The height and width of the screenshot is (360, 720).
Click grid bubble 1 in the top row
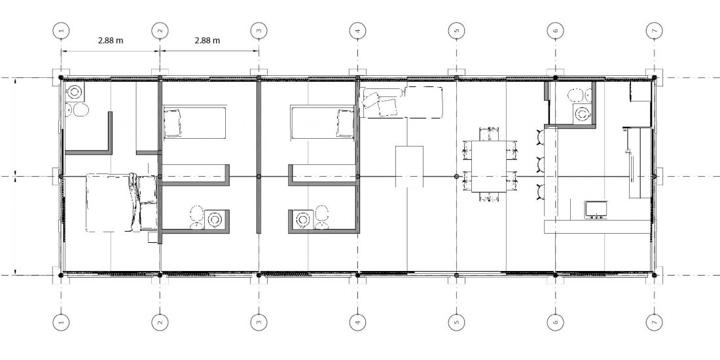tap(61, 31)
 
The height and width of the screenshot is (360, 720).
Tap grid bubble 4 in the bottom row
tap(357, 322)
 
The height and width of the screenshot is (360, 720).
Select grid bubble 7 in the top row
tap(655, 31)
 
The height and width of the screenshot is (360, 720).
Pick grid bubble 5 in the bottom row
tap(456, 322)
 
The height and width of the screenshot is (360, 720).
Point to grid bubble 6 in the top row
tap(555, 31)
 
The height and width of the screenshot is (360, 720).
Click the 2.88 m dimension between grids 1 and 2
tap(111, 41)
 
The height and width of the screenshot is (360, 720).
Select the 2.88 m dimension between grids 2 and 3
tap(207, 41)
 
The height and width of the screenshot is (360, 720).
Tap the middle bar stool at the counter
tap(540, 164)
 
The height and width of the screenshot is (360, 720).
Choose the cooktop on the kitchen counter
tap(596, 209)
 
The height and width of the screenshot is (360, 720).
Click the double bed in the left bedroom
tap(122, 202)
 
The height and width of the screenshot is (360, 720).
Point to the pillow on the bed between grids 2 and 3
tap(173, 123)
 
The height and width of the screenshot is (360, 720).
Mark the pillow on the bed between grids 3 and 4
tap(346, 123)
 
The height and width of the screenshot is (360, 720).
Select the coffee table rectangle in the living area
tap(409, 167)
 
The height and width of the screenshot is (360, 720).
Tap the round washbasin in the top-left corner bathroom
tap(74, 93)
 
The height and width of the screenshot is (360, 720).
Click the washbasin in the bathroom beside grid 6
tap(583, 113)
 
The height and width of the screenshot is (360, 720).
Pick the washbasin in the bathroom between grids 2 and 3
tap(214, 219)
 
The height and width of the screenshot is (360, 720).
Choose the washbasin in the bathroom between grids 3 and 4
tap(303, 219)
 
